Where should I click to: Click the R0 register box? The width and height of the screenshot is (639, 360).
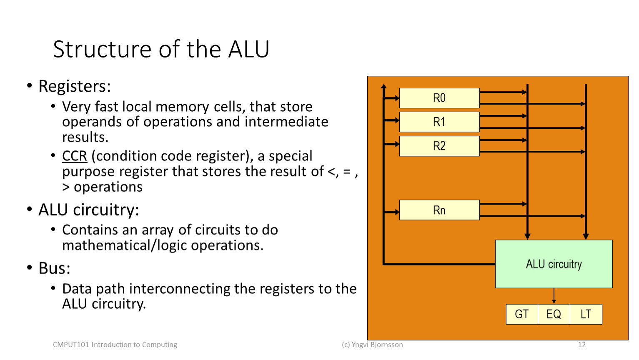click(x=439, y=98)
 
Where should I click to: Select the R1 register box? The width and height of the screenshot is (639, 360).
click(x=439, y=122)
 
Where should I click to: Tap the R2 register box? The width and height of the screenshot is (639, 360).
click(x=439, y=146)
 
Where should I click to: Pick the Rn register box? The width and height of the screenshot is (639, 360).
click(x=439, y=210)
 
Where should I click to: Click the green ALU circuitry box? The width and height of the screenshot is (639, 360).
click(x=554, y=264)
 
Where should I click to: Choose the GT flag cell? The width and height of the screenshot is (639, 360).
click(x=522, y=314)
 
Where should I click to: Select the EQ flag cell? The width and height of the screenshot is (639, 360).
click(x=554, y=314)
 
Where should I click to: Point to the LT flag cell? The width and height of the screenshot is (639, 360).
click(x=586, y=314)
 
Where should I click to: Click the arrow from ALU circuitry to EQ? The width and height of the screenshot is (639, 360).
click(x=554, y=296)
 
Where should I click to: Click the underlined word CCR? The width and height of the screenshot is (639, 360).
click(x=75, y=156)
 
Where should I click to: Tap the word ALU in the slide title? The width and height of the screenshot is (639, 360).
click(x=248, y=49)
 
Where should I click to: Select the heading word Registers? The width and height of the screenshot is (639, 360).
click(x=75, y=86)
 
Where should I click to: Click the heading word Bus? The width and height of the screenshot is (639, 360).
click(x=55, y=268)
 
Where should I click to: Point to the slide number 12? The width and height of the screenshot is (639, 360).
click(x=581, y=345)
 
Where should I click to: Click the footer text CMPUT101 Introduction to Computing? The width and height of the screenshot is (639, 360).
click(x=115, y=345)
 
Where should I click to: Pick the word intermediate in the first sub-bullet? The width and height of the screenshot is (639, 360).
click(x=286, y=122)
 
